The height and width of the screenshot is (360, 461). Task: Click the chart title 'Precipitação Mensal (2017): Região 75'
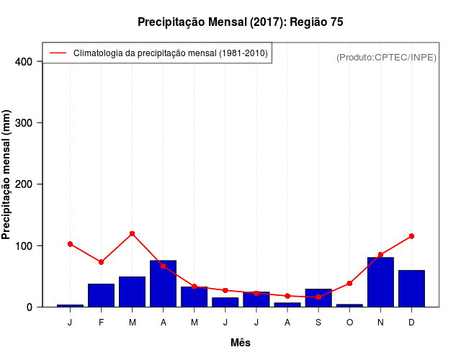pos(240,22)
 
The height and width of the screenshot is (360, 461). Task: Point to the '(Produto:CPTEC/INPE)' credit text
pos(386,57)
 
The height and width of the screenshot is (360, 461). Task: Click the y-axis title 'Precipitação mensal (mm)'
pos(7,175)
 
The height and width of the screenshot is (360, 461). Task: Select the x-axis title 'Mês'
pos(241,343)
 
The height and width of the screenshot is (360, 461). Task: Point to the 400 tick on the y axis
pos(24,62)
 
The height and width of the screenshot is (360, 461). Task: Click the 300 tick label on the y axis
pos(24,123)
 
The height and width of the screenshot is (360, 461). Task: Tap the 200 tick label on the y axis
pos(24,184)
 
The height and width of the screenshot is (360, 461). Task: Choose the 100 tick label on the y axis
pos(24,246)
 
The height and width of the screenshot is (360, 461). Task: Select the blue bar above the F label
pos(101,295)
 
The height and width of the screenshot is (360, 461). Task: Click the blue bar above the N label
pos(380,282)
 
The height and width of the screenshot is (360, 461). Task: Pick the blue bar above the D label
pos(411,288)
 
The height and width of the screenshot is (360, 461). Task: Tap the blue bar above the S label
pos(318,297)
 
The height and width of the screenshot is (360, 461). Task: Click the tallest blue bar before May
pos(163,284)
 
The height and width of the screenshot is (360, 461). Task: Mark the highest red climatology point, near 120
pos(133,234)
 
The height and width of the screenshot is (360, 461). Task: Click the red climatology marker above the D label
pos(411,236)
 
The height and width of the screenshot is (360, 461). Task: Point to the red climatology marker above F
pos(101,262)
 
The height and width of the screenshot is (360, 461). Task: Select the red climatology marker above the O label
pos(349,284)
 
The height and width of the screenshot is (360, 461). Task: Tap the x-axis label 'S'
pos(318,322)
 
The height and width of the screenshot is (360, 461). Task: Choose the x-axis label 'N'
pos(380,322)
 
